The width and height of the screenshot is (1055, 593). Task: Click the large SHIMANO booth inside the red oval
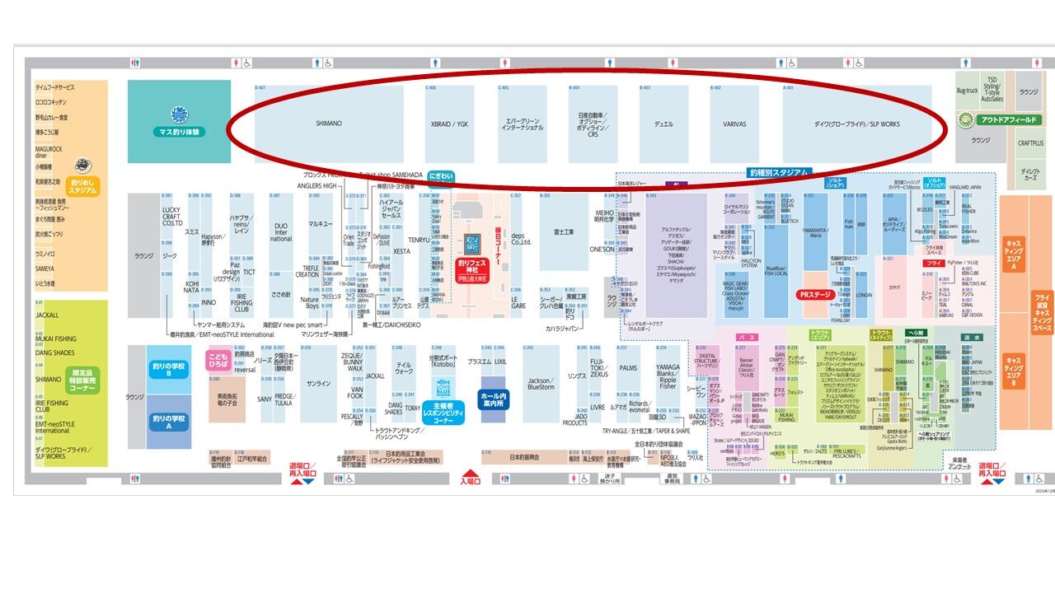click(328, 124)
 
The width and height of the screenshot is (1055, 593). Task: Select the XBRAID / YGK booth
click(449, 124)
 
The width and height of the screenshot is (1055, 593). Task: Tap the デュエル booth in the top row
click(663, 124)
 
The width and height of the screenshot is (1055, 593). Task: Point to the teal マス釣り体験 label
click(179, 131)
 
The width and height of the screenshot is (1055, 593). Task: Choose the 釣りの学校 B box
click(168, 370)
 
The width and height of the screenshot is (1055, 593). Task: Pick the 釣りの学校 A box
click(168, 421)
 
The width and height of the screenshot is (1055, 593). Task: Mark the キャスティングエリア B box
click(1013, 371)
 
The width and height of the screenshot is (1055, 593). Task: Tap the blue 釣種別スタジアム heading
click(780, 173)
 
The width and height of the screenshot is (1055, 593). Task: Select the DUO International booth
click(281, 232)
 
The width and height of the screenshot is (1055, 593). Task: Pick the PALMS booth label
click(628, 368)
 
